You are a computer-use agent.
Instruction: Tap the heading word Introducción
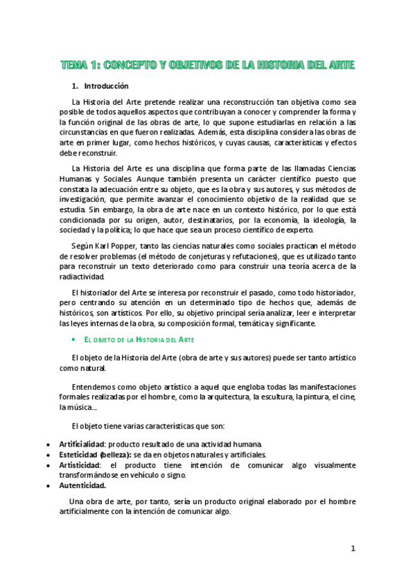(x=106, y=87)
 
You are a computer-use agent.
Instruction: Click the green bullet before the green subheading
(x=73, y=340)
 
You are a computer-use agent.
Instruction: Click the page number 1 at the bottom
(x=353, y=548)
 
